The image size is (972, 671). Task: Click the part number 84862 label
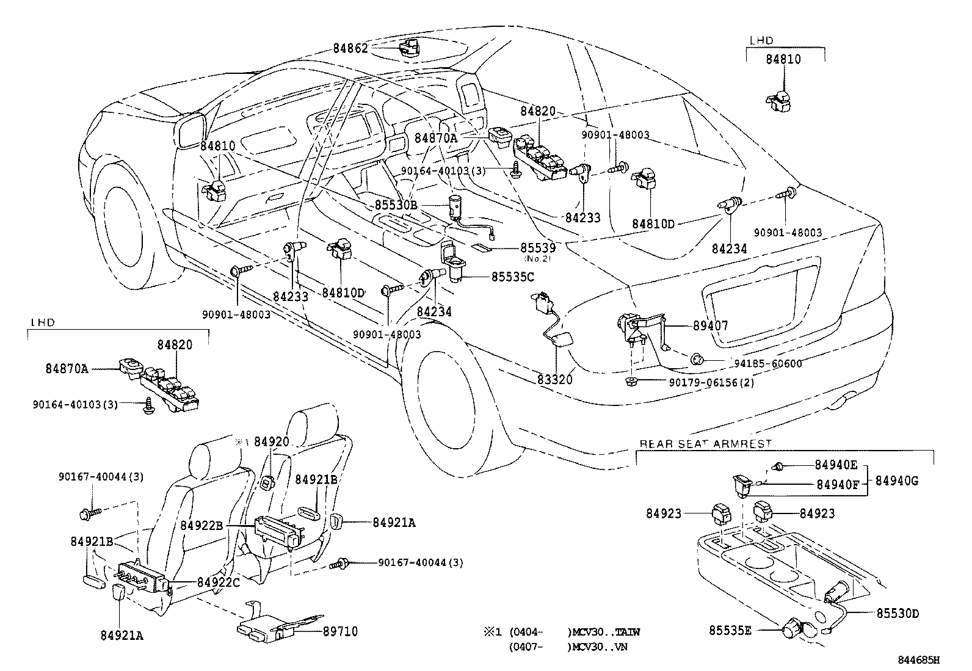[x=350, y=48]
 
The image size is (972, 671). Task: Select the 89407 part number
[x=710, y=326]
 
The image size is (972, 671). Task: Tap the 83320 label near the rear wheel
[x=555, y=380]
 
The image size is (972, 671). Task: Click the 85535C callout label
[x=512, y=277]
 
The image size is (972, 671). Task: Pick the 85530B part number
[x=396, y=206]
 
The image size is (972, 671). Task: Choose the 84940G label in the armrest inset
[x=896, y=481]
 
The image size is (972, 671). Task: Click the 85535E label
[x=730, y=629]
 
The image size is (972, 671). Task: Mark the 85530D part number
[x=898, y=613]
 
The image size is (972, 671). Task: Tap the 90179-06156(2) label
[x=711, y=383]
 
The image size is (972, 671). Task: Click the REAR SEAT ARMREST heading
[x=705, y=443]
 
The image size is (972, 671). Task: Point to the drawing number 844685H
[x=918, y=659]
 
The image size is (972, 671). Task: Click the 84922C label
[x=218, y=582]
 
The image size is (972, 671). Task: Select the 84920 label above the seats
[x=270, y=442]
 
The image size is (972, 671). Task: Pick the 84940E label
[x=836, y=465]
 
